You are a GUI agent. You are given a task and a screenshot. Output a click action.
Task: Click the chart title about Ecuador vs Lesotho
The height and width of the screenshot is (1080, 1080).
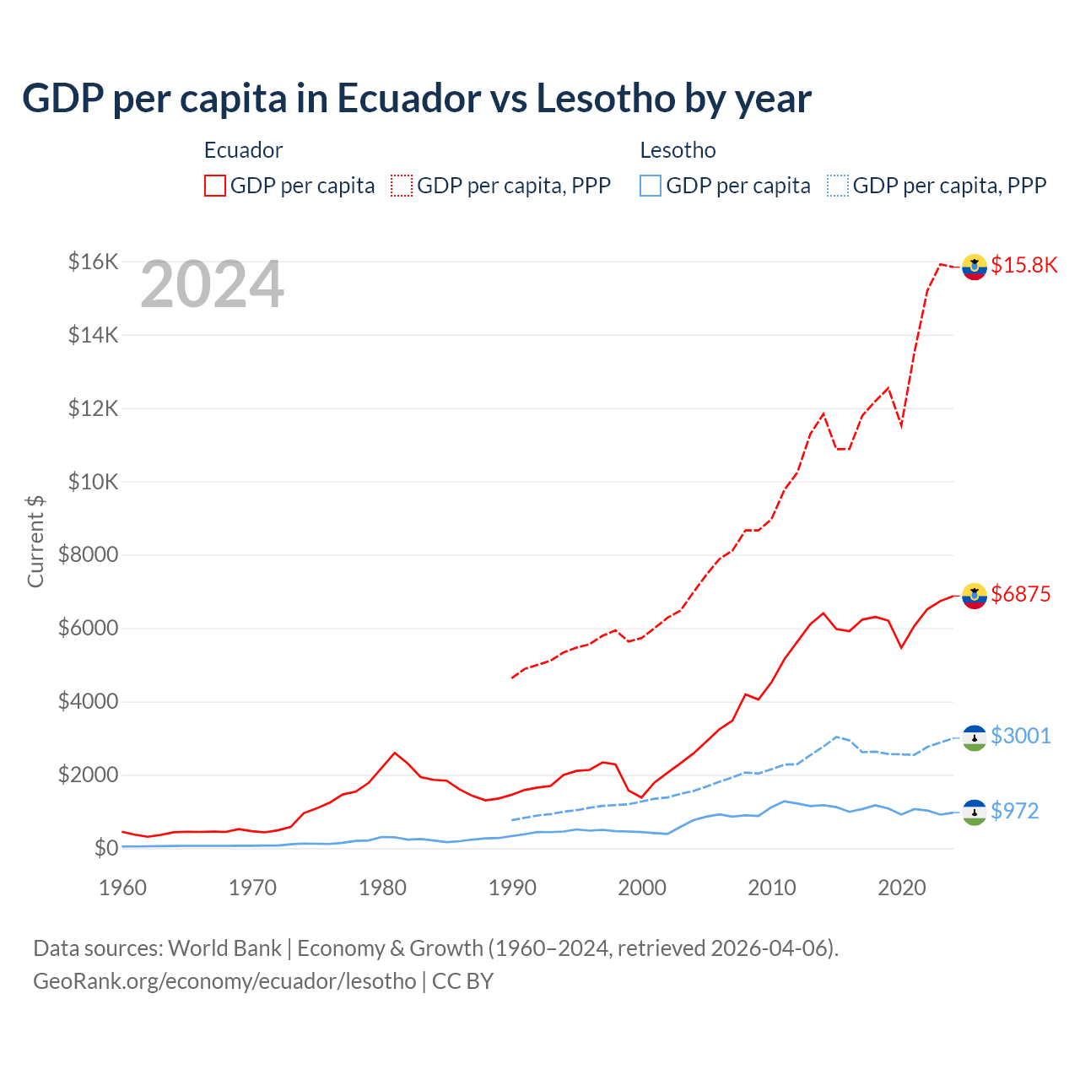(x=416, y=99)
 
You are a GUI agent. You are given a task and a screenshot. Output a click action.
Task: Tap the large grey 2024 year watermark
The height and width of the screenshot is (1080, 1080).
(x=212, y=285)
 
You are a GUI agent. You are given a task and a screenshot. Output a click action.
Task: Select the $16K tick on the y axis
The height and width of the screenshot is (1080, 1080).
(x=93, y=262)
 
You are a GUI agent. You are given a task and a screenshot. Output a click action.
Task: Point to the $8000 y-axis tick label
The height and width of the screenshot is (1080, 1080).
(x=88, y=555)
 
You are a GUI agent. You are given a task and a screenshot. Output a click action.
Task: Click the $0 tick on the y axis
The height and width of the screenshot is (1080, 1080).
(x=105, y=848)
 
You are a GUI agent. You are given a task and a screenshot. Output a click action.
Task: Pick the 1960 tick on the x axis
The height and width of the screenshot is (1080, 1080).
(x=123, y=888)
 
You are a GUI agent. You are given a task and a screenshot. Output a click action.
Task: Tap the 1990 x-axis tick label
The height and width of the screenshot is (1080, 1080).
(x=513, y=888)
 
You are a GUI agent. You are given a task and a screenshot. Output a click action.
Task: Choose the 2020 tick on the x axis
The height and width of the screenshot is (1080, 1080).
(x=902, y=888)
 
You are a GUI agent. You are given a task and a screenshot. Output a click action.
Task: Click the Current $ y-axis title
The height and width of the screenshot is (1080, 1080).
(x=35, y=541)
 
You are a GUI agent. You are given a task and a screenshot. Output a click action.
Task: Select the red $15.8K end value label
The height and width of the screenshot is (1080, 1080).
(x=1023, y=266)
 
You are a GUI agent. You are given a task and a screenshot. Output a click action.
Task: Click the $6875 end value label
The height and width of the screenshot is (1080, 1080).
(x=1021, y=595)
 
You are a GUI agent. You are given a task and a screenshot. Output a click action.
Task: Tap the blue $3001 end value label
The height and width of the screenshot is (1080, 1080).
(x=1021, y=737)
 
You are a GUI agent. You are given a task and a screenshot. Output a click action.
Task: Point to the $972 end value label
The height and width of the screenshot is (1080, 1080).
(x=1014, y=812)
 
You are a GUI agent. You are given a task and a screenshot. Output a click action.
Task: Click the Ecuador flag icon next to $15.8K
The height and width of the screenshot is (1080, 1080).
(x=975, y=267)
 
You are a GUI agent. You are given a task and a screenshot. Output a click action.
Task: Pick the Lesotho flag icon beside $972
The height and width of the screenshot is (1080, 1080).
(x=975, y=813)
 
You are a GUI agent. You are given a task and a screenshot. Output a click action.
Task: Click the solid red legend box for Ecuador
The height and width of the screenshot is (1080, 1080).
(x=215, y=186)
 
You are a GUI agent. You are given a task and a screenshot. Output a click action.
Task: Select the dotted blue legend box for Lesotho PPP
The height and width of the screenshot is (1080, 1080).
(x=838, y=186)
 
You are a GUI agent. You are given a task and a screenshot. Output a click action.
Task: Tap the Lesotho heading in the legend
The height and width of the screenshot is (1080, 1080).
(x=678, y=150)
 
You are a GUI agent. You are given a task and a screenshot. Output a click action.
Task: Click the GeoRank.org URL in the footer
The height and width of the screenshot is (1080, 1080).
(x=224, y=981)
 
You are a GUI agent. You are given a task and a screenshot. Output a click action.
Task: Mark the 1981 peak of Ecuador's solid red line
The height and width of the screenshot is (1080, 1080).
(x=395, y=753)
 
